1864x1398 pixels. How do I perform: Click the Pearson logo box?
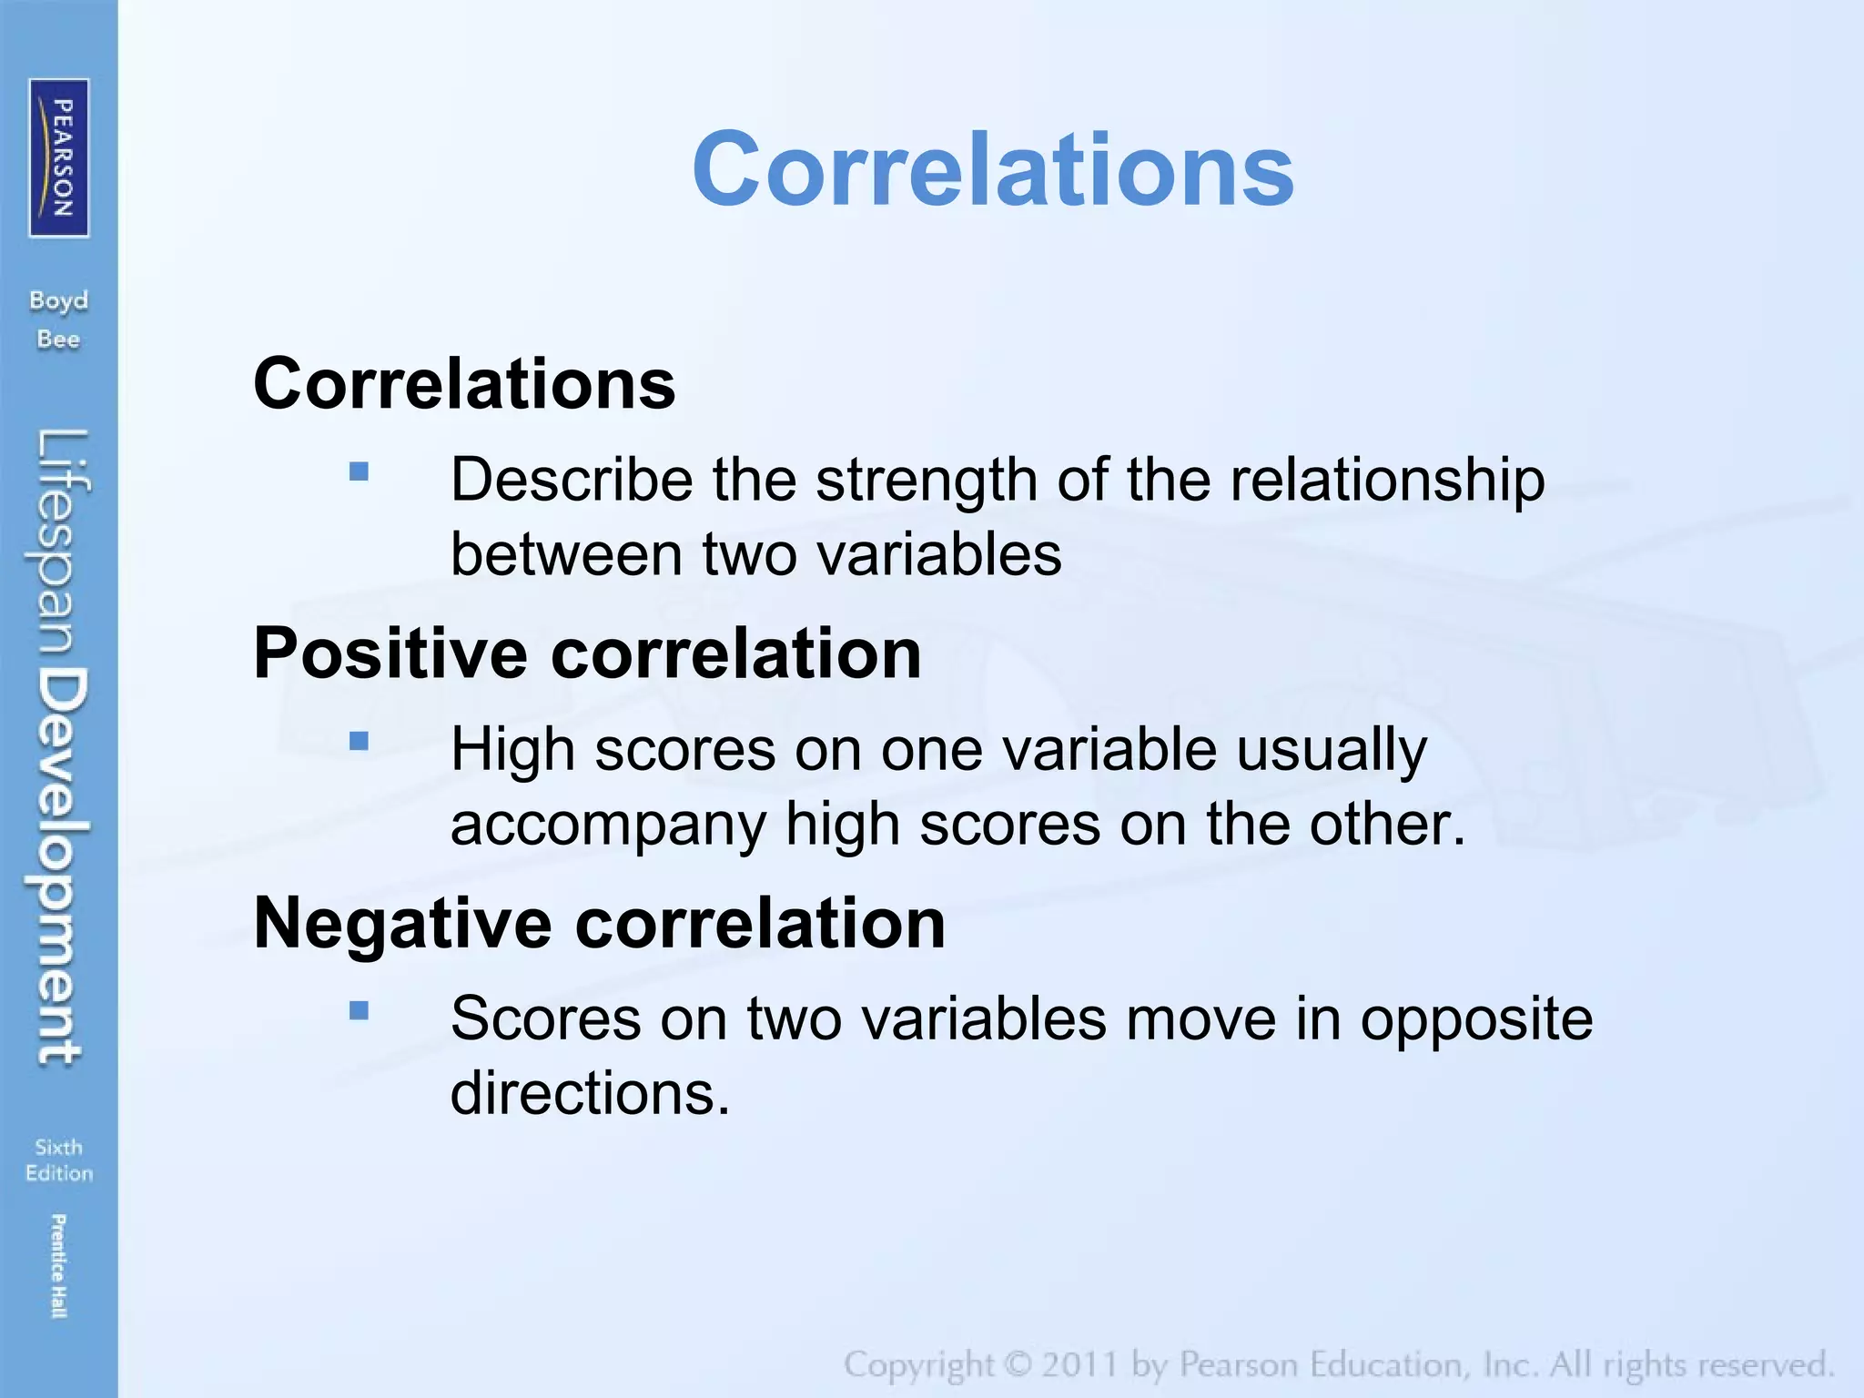[59, 157]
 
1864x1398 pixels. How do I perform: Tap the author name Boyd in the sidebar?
[59, 301]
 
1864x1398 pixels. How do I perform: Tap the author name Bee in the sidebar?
[59, 339]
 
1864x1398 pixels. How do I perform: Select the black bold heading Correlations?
[464, 383]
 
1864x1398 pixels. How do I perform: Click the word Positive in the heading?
[390, 653]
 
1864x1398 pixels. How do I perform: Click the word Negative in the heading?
[402, 923]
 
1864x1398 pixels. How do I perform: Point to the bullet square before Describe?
[359, 471]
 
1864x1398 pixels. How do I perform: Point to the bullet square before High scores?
[359, 741]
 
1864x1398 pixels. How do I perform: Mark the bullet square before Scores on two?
[359, 1010]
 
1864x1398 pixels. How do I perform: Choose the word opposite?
[1476, 1018]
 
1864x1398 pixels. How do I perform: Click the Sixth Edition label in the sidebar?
[59, 1160]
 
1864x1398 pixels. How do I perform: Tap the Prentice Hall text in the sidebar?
[58, 1265]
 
